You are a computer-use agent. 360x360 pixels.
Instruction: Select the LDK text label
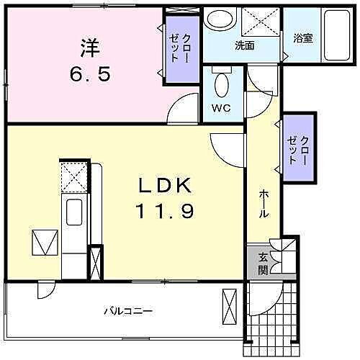click(165, 186)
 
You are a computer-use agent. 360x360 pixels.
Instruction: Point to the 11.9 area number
click(165, 212)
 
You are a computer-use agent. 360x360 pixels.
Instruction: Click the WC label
click(221, 109)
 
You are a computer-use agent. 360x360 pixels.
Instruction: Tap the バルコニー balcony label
click(127, 312)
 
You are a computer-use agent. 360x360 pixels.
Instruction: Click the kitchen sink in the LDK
click(75, 212)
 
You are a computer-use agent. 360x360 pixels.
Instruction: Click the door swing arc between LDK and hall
click(225, 148)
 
